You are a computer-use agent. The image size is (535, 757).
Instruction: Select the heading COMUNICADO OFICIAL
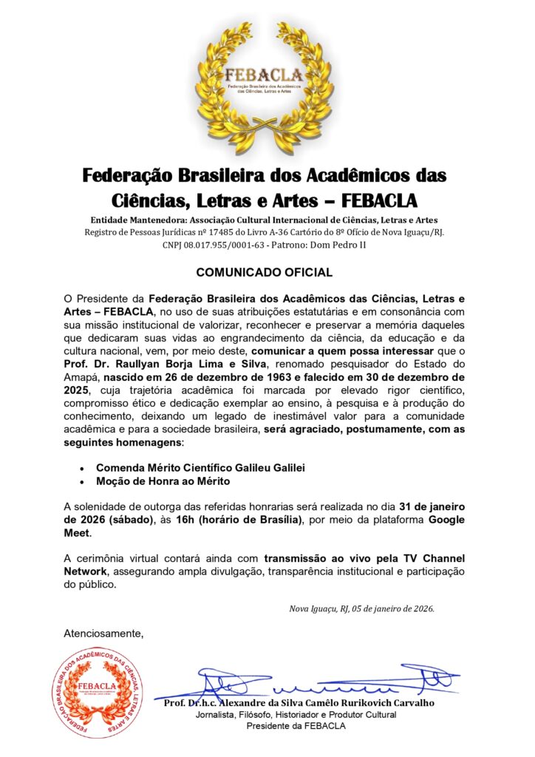point(264,273)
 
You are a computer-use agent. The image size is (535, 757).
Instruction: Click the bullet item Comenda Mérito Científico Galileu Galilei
point(200,468)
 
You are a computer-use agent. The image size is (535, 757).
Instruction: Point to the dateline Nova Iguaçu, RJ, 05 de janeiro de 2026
point(361,608)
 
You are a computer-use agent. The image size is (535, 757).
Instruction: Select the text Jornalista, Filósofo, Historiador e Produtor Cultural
point(296,715)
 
